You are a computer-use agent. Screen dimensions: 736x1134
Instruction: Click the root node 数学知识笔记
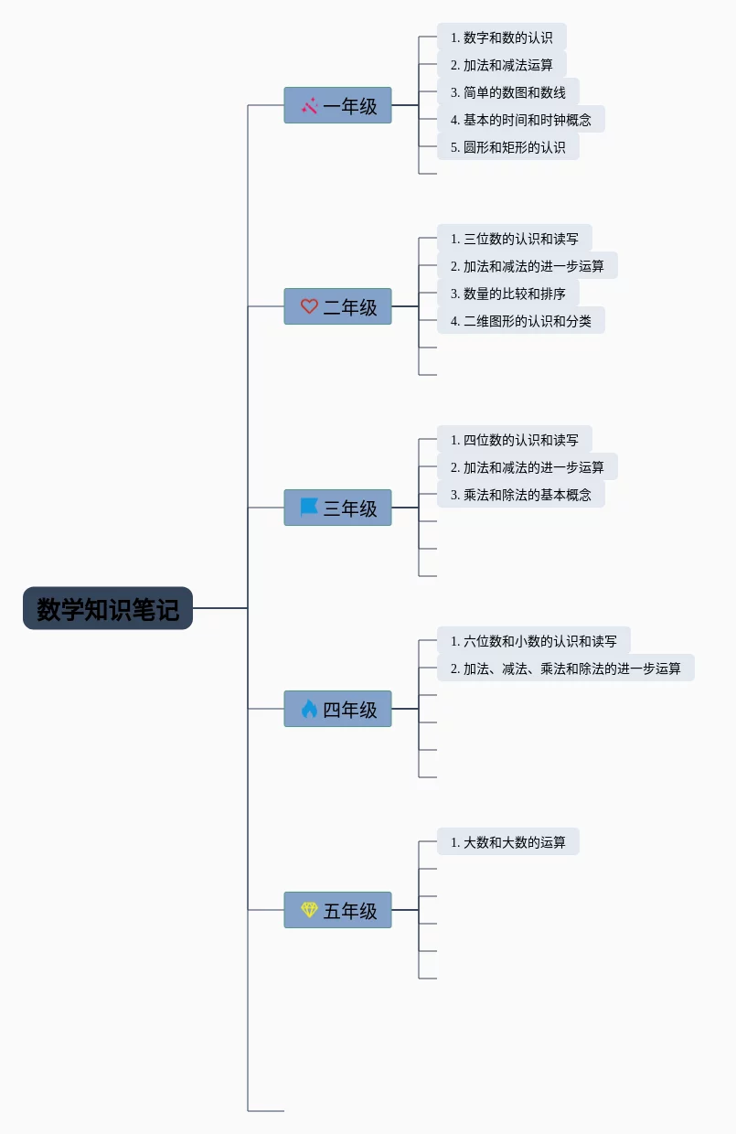[x=108, y=608]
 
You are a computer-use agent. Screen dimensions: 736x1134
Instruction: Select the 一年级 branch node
[x=337, y=105]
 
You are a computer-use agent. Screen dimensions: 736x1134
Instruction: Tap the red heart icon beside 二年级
[x=309, y=306]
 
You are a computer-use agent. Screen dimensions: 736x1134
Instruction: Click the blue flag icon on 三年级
[x=309, y=508]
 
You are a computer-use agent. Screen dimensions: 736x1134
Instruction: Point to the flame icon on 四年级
[x=309, y=709]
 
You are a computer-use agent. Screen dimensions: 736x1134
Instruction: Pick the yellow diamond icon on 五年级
[x=309, y=910]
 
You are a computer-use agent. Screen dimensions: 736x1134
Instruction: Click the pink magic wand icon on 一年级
[x=309, y=105]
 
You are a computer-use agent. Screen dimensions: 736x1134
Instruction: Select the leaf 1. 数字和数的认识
[x=502, y=37]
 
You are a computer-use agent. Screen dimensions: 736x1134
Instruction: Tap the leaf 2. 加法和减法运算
[x=502, y=64]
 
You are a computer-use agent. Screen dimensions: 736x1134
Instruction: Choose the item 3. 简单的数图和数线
[x=508, y=91]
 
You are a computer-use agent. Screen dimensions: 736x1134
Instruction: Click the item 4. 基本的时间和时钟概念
[x=521, y=119]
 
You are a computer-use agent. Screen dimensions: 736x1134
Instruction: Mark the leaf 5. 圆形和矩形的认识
[x=508, y=146]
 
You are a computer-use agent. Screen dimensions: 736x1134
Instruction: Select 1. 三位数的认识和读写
[x=515, y=238]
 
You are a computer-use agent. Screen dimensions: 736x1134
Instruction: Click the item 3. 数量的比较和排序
[x=508, y=294]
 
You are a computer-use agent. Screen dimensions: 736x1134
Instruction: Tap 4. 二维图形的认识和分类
[x=521, y=320]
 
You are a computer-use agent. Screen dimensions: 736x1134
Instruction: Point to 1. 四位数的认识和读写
[x=515, y=439]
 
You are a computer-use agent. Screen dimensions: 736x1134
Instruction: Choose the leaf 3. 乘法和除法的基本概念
[x=521, y=494]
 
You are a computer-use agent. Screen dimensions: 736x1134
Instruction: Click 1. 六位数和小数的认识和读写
[x=534, y=640]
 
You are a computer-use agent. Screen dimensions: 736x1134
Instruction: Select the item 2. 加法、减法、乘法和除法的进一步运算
[x=566, y=668]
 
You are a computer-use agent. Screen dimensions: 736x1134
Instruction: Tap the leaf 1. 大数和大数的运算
[x=508, y=841]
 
